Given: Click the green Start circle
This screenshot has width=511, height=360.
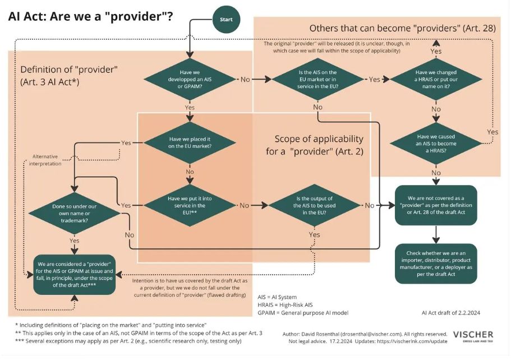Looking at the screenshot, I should pyautogui.click(x=226, y=20).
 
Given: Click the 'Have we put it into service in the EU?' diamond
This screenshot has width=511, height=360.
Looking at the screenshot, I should pyautogui.click(x=190, y=205).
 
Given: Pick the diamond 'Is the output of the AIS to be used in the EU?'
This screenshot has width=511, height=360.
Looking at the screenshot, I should pyautogui.click(x=315, y=205).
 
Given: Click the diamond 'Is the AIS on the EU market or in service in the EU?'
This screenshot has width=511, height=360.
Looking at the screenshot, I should pyautogui.click(x=317, y=80).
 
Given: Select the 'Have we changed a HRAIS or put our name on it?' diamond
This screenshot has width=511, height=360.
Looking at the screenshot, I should pyautogui.click(x=436, y=80).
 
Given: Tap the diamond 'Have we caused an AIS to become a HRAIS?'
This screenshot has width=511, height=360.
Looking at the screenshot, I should pyautogui.click(x=436, y=142).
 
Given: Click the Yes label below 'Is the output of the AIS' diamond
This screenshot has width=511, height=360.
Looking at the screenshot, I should pyautogui.click(x=315, y=234).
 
